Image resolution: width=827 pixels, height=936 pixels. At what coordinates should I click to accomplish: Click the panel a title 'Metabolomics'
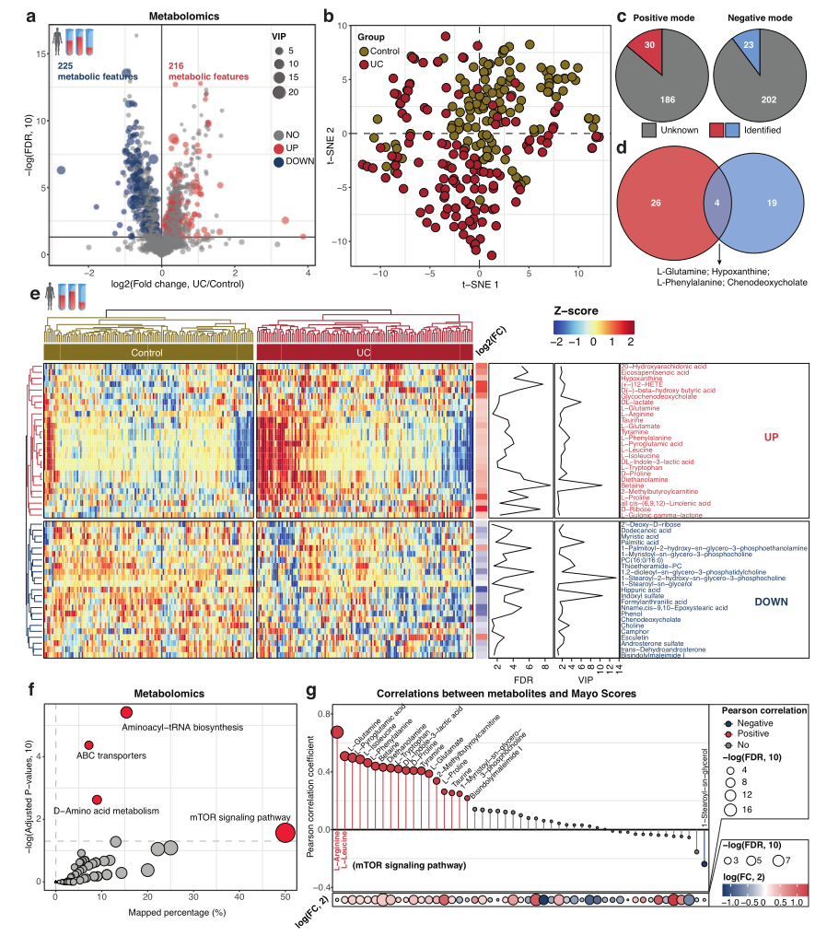point(160,16)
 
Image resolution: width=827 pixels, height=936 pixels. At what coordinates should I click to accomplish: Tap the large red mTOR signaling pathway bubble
point(285,833)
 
